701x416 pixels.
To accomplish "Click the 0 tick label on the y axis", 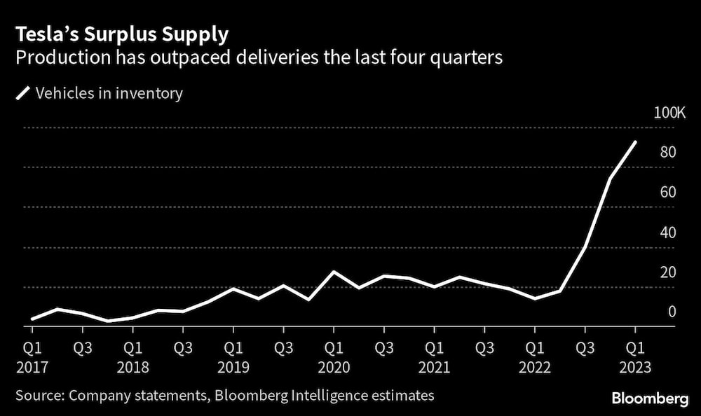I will point(671,312).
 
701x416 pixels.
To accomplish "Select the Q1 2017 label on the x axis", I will point(32,356).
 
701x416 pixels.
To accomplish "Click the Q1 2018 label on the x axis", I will point(132,356).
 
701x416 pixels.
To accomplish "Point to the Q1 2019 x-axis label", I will point(233,356).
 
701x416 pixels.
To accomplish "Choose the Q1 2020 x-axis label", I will point(334,356).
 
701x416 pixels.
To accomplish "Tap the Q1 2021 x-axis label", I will point(435,356).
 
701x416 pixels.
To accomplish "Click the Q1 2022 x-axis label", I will point(535,356).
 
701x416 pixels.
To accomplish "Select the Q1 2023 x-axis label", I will point(635,356).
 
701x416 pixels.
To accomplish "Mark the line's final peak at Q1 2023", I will point(635,142).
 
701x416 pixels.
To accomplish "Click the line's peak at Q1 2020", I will point(334,272).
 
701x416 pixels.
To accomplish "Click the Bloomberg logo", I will point(650,398).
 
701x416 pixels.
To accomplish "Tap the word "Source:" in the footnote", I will point(39,396).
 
